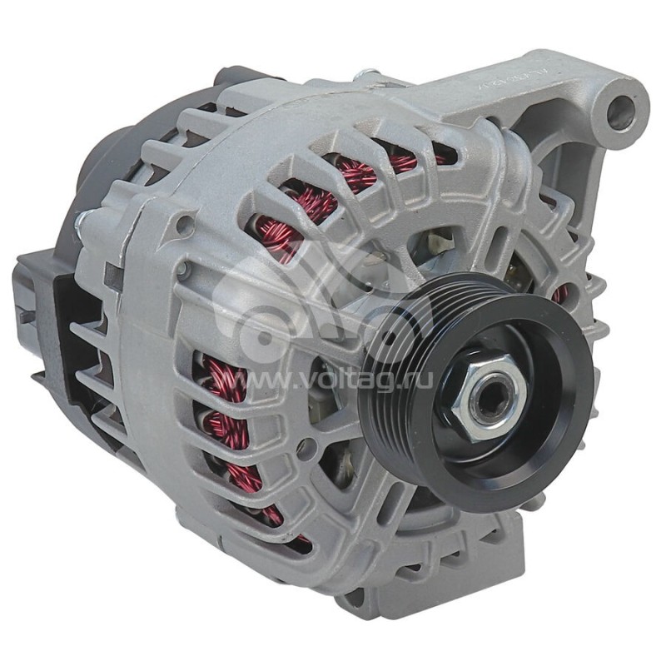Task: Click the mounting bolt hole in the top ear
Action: (x=620, y=112)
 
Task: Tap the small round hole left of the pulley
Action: (x=306, y=447)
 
